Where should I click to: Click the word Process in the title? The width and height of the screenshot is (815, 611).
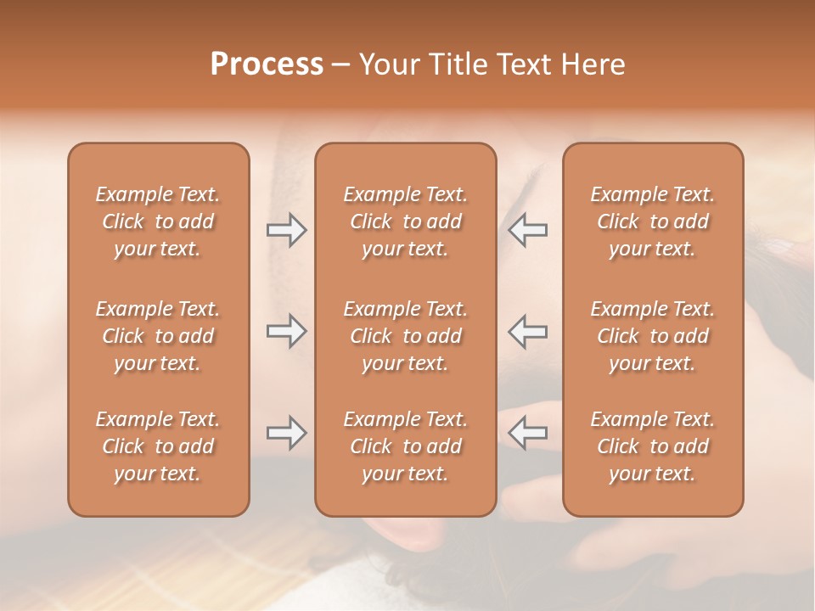[x=267, y=64]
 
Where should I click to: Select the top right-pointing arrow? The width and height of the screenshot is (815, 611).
[x=287, y=230]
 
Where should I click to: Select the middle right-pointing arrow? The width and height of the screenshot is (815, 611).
[x=287, y=331]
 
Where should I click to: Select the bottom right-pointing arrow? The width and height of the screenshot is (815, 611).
[x=287, y=433]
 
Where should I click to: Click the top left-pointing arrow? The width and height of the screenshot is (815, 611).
[x=527, y=230]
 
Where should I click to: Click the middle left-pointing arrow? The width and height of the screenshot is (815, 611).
[x=527, y=331]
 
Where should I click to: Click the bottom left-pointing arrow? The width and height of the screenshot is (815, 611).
[x=527, y=433]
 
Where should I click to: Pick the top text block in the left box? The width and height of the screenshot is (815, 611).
[x=158, y=221]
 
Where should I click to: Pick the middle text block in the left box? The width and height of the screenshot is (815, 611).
[x=158, y=336]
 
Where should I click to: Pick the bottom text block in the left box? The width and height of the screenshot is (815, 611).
[x=158, y=446]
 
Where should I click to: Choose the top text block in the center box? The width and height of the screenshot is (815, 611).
[x=405, y=221]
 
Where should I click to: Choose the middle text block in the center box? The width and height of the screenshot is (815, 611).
[x=405, y=336]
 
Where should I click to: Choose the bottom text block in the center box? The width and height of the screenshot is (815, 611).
[x=405, y=446]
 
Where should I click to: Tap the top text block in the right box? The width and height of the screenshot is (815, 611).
[x=652, y=221]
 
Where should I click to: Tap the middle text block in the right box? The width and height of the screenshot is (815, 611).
[x=652, y=336]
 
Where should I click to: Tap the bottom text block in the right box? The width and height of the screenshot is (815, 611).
[x=652, y=446]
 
